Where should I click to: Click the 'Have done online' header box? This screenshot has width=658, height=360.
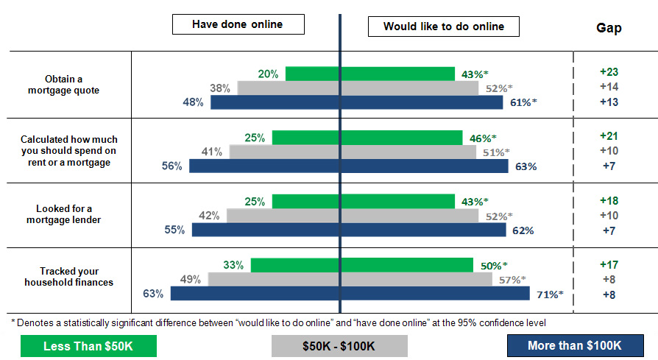coord(238,24)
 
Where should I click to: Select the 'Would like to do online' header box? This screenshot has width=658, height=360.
coord(444,26)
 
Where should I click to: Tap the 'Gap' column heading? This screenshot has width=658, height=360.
coord(608,28)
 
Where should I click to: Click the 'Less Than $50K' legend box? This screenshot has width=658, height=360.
coord(89,346)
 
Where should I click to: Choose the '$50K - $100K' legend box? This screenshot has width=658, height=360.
coord(339,346)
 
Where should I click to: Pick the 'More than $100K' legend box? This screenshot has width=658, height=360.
coord(574,346)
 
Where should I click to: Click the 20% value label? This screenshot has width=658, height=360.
coord(268,74)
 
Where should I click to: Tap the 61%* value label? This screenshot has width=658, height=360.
coord(523,102)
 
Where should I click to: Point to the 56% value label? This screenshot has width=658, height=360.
coord(172,166)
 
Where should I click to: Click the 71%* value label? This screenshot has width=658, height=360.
coord(548,294)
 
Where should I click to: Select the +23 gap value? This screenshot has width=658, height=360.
coord(608,72)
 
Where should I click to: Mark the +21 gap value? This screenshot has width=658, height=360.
coord(608,136)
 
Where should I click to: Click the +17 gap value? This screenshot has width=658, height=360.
coord(608,264)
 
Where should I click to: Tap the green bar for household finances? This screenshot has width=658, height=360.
coord(361,265)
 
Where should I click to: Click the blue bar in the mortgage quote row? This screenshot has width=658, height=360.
coord(357,102)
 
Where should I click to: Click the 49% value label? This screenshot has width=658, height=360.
coord(191,280)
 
